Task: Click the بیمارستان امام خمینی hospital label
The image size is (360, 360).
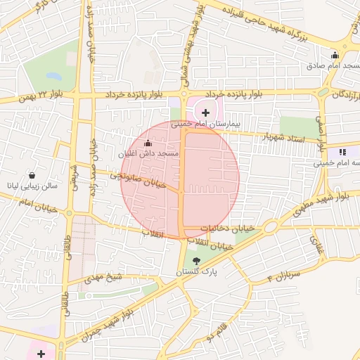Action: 210,123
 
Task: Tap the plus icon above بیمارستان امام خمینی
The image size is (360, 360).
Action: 205,112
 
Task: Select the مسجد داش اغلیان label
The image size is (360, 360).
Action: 150,153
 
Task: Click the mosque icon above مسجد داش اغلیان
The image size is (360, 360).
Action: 148,143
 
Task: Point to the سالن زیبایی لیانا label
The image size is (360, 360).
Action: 34,188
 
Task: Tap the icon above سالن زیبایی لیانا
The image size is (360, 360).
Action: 32,176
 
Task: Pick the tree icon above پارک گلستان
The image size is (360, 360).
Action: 195,261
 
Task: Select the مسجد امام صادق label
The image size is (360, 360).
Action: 333,66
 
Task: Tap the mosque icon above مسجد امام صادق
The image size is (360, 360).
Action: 335,56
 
